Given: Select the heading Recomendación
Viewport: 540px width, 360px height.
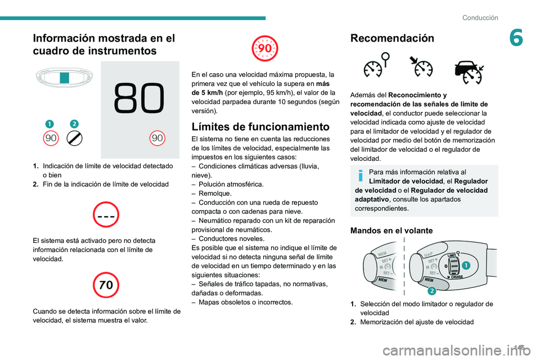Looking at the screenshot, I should (392, 38).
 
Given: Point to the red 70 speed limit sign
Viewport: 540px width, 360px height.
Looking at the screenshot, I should (106, 285).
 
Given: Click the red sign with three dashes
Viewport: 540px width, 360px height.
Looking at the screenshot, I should (106, 215).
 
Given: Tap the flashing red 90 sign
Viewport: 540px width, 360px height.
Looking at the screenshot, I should (265, 48).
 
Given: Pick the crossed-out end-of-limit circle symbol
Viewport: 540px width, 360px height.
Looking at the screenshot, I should (74, 138).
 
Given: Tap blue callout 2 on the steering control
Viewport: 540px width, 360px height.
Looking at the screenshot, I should (431, 290).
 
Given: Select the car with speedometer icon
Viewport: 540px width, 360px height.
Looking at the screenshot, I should (468, 70).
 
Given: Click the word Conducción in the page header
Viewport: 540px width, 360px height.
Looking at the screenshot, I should (480, 17).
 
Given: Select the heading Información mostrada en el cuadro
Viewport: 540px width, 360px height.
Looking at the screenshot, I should (103, 44).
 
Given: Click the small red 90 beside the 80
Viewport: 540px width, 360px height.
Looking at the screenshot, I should (157, 138).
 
